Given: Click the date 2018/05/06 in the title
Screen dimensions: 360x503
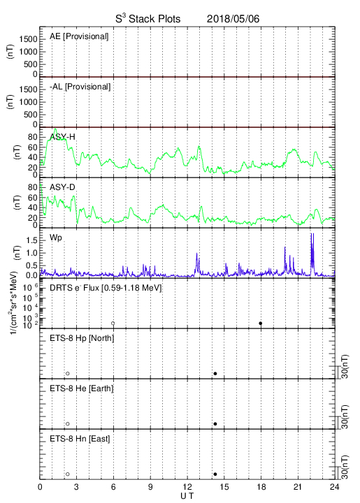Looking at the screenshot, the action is pyautogui.click(x=233, y=19).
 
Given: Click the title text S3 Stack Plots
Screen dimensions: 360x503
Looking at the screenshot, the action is pyautogui.click(x=148, y=19).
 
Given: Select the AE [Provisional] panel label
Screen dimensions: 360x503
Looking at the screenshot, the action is pyautogui.click(x=79, y=36).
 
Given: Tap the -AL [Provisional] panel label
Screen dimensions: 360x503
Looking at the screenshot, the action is pyautogui.click(x=80, y=87).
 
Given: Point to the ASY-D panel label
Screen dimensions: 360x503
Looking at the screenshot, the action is pyautogui.click(x=62, y=187).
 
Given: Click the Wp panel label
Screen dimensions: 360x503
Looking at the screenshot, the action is pyautogui.click(x=56, y=238).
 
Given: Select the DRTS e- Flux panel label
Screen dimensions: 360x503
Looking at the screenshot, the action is pyautogui.click(x=106, y=288).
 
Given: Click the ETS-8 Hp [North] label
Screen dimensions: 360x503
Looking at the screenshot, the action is pyautogui.click(x=82, y=338).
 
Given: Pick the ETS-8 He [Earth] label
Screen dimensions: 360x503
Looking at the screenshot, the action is pyautogui.click(x=82, y=388).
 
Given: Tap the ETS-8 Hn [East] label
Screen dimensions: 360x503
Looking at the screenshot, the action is pyautogui.click(x=80, y=439).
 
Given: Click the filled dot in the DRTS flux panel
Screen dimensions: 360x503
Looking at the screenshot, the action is pyautogui.click(x=261, y=323).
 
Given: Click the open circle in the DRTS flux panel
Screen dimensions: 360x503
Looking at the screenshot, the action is pyautogui.click(x=113, y=323).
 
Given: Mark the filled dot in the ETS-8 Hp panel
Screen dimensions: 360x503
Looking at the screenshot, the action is pyautogui.click(x=215, y=373).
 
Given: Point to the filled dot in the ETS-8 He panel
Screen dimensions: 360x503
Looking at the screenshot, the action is pyautogui.click(x=215, y=424).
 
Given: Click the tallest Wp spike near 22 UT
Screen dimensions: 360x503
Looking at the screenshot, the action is pyautogui.click(x=311, y=233).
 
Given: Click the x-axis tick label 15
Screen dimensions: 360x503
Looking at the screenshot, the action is pyautogui.click(x=224, y=487).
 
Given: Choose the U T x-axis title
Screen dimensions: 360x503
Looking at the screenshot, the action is pyautogui.click(x=187, y=496).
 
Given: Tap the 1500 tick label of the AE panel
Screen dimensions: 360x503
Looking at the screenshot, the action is pyautogui.click(x=28, y=39).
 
